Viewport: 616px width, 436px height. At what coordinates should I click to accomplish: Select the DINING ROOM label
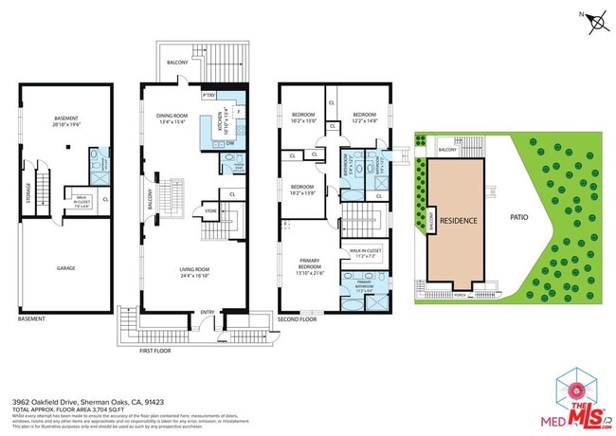pyautogui.click(x=173, y=116)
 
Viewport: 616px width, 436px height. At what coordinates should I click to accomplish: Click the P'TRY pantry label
pyautogui.click(x=208, y=96)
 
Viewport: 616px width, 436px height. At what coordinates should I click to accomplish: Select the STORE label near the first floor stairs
pyautogui.click(x=211, y=211)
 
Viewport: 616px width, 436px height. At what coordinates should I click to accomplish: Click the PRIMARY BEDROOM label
pyautogui.click(x=310, y=263)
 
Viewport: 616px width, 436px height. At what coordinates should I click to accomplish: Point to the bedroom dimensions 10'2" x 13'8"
pyautogui.click(x=302, y=191)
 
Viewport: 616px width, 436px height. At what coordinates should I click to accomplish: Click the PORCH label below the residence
pyautogui.click(x=461, y=295)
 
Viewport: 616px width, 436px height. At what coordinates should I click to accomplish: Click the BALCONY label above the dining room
pyautogui.click(x=177, y=62)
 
